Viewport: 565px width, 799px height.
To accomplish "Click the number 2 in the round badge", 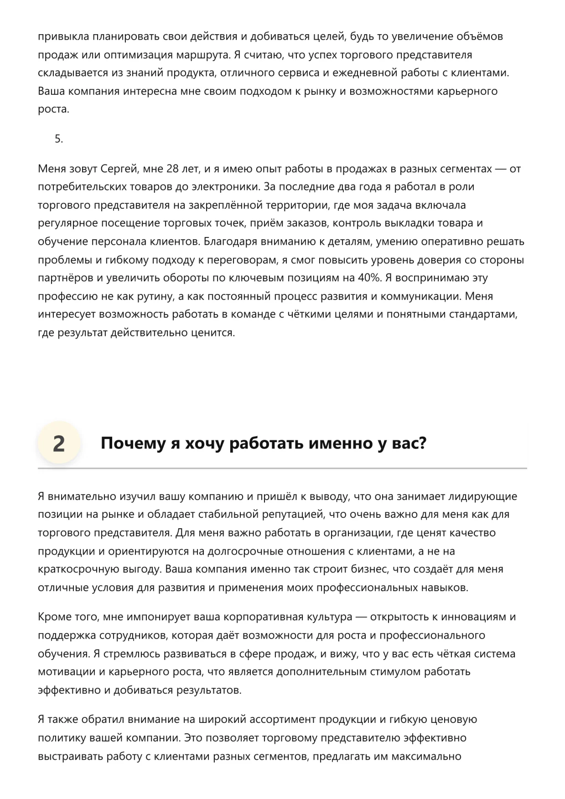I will [59, 443].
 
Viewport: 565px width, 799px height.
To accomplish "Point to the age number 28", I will [172, 169].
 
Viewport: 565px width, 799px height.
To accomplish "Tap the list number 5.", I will [59, 139].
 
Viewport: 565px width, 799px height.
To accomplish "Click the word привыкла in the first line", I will [63, 36].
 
